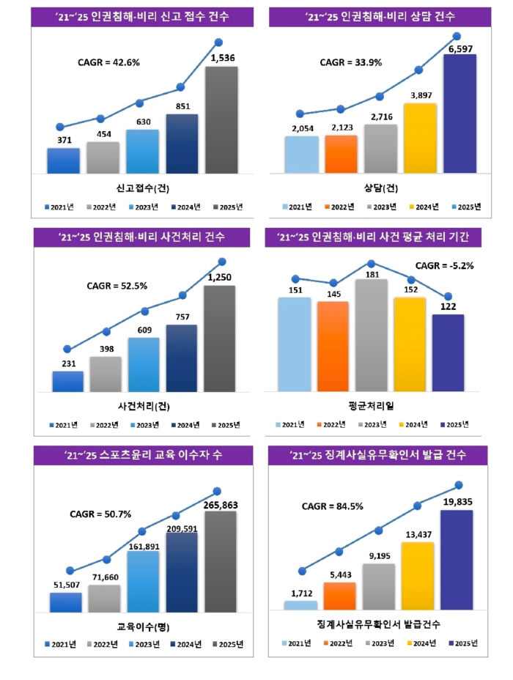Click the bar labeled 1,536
(221, 120)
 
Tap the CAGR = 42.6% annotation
(109, 62)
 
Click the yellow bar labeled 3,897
(420, 138)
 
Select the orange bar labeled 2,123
(341, 155)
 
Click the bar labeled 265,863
(220, 561)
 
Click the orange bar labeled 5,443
(339, 596)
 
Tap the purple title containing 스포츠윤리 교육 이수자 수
(143, 455)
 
